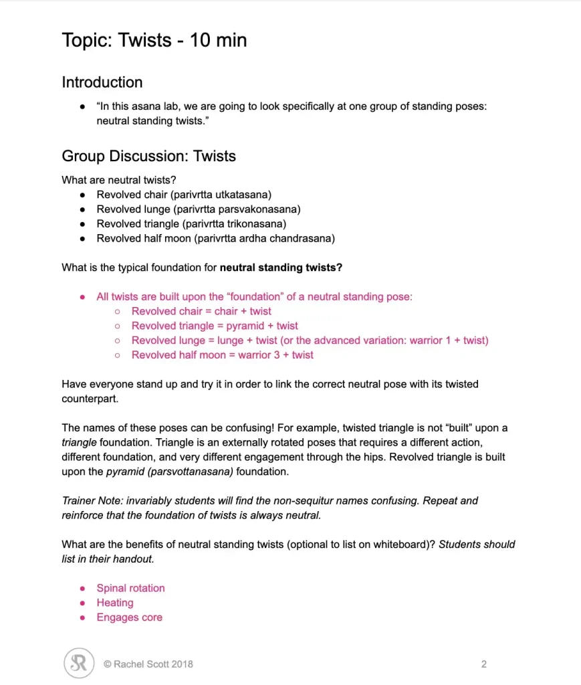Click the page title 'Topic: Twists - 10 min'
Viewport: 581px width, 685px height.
pos(154,40)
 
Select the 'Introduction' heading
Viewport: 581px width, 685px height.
pos(102,82)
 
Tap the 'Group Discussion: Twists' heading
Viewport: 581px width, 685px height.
pos(148,156)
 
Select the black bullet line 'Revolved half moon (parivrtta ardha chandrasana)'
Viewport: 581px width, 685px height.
pos(215,238)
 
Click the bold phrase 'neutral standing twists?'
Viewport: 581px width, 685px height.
pos(281,268)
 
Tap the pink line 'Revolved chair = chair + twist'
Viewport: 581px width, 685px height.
pos(201,311)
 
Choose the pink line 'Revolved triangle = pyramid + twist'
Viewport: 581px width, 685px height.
pos(215,326)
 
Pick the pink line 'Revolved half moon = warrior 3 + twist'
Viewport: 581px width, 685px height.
pos(222,355)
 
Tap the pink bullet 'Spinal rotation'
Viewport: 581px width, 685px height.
pos(130,588)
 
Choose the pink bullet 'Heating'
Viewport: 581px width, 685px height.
pos(114,603)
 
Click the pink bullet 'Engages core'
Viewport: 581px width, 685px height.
pos(129,617)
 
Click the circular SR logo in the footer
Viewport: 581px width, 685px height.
pos(79,664)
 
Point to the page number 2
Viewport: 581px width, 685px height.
pos(483,664)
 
